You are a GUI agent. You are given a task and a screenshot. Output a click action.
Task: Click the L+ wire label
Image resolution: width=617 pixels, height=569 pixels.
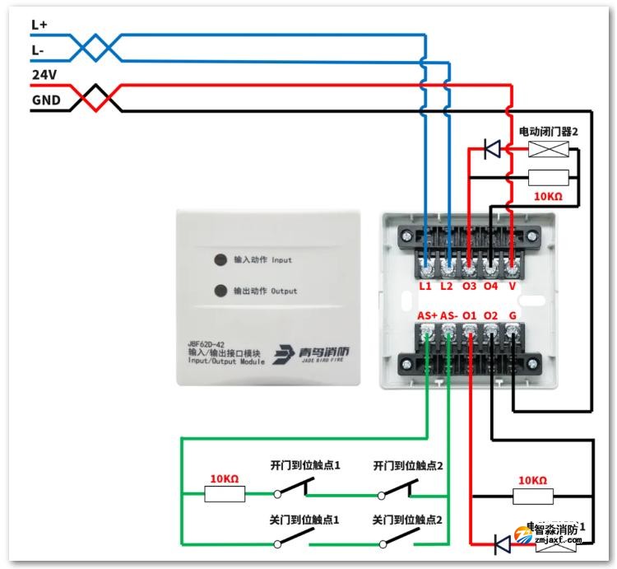(39, 26)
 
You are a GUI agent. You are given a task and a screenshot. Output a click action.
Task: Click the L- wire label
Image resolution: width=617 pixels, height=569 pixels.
(38, 50)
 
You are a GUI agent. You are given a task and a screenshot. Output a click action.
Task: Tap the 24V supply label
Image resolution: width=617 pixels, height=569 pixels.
(44, 75)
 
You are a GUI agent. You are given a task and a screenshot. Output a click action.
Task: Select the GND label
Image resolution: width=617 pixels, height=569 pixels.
(44, 100)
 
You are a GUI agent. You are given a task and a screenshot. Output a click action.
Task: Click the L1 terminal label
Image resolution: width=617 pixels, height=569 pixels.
(425, 286)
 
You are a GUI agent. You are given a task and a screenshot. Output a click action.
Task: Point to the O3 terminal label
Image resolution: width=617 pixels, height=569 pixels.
(469, 286)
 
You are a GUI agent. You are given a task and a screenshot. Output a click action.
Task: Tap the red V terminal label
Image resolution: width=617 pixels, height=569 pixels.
(512, 286)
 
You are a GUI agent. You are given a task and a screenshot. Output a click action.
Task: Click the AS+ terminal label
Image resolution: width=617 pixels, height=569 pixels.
(428, 315)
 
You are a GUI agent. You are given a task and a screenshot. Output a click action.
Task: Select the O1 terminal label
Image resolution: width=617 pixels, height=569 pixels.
(470, 315)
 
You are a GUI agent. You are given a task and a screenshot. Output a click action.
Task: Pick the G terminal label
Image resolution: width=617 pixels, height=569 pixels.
(513, 315)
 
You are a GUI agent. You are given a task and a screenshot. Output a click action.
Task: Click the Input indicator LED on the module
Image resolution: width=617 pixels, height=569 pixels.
(220, 260)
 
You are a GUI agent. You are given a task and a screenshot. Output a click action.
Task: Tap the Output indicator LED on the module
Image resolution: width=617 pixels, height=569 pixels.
(220, 291)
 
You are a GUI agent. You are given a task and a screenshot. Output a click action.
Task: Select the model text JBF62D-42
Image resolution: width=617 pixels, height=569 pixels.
(205, 343)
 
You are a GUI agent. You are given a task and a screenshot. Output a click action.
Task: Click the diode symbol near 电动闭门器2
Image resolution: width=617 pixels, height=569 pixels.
(493, 149)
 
